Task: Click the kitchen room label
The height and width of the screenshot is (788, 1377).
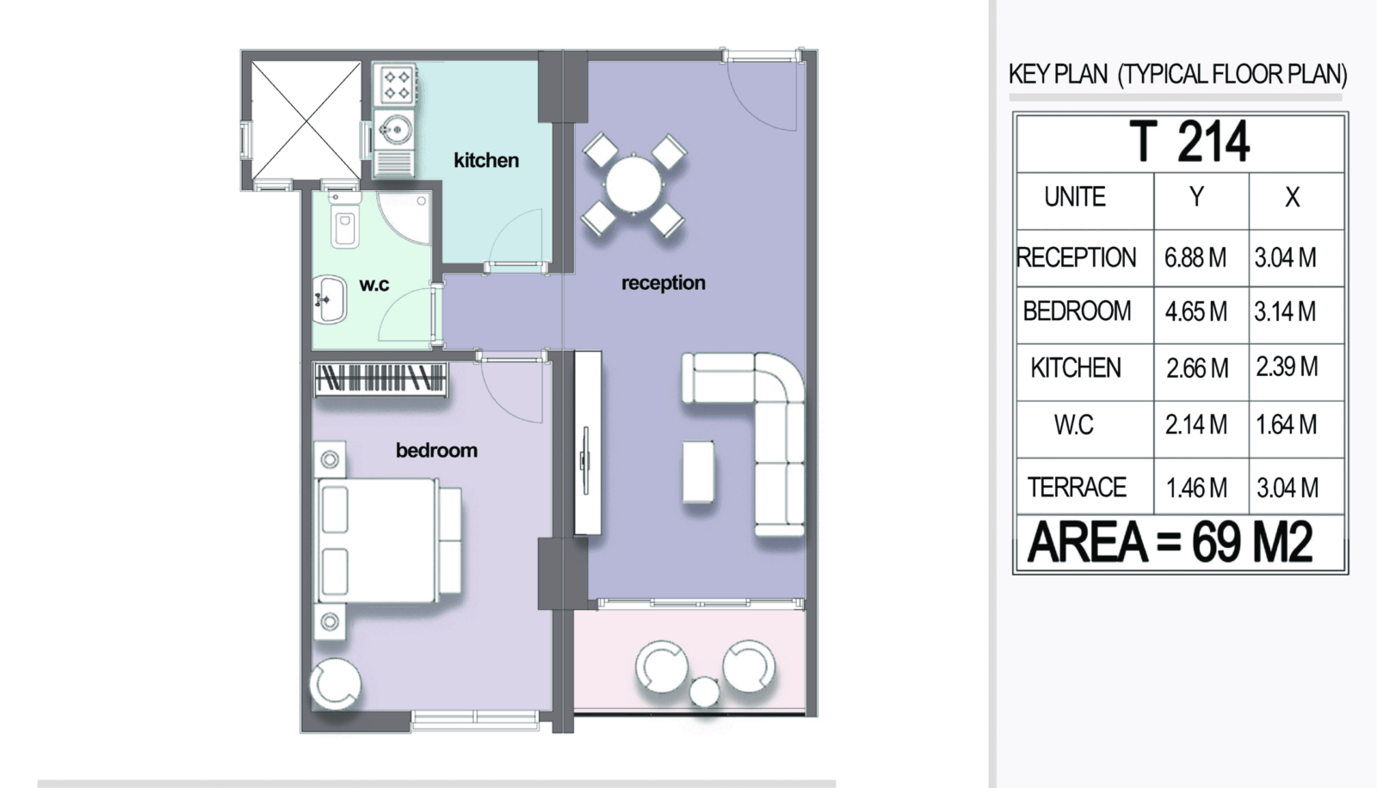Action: coord(486,160)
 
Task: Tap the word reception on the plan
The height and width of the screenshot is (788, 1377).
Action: coord(664,283)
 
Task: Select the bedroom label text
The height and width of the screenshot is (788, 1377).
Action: coord(436,451)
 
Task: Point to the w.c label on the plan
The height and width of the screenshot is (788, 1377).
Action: coord(374,285)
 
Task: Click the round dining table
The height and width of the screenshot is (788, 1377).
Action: coord(633,185)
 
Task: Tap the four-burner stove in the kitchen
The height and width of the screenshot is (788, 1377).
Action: coord(396,85)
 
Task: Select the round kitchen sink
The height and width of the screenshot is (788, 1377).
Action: coord(395,129)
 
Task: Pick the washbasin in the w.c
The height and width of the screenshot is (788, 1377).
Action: coord(330,299)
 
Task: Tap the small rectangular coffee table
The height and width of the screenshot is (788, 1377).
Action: coord(698,471)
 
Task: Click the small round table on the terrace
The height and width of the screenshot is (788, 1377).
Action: coord(705,692)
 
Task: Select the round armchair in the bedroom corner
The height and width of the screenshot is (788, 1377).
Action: coord(335,684)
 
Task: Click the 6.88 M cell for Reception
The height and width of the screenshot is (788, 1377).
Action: coord(1195,257)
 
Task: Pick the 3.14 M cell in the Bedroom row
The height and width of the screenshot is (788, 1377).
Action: coord(1286,311)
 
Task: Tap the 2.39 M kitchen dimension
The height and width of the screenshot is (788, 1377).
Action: coord(1287,367)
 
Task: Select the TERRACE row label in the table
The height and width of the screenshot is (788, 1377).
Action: coord(1077,488)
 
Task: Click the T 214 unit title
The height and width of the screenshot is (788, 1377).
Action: coord(1189,142)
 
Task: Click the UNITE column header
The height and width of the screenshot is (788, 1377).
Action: coord(1075,197)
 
